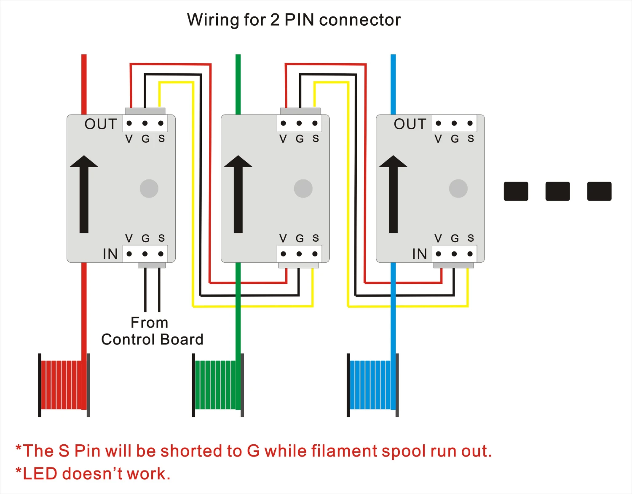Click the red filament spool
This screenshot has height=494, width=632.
click(x=64, y=385)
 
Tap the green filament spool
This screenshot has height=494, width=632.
click(x=217, y=385)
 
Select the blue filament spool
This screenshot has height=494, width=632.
click(x=372, y=385)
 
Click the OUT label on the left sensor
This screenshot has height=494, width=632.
click(x=101, y=124)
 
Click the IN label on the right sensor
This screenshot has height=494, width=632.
click(x=420, y=254)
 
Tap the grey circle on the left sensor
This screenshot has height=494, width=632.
click(x=149, y=188)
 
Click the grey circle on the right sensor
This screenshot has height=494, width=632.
click(x=458, y=188)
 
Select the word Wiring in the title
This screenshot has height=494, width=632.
click(x=213, y=20)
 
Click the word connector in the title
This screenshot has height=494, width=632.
click(x=360, y=20)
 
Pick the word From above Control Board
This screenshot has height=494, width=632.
click(x=149, y=323)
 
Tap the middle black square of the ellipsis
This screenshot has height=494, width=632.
click(x=557, y=191)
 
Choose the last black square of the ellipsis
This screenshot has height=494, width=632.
click(x=599, y=191)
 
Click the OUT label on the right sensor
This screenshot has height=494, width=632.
click(x=410, y=124)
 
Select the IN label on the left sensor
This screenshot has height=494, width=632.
click(x=110, y=254)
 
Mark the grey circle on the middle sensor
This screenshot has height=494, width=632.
click(x=303, y=188)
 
